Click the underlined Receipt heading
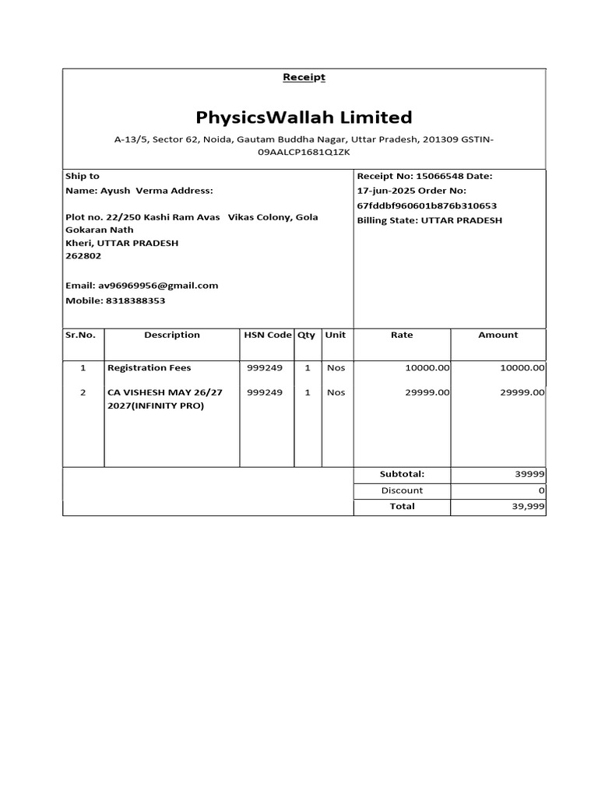point(304,77)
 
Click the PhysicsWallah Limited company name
point(304,118)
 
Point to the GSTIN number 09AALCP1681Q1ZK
point(304,153)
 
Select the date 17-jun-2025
point(385,191)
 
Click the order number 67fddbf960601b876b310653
point(427,205)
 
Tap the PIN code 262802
point(83,256)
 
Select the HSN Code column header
point(267,335)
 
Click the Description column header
point(172,335)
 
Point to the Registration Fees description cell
point(149,367)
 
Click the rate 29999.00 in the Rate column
point(427,392)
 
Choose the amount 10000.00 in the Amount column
point(522,367)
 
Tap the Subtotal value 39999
point(529,474)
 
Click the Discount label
point(402,490)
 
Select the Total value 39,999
point(527,507)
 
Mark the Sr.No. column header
point(80,335)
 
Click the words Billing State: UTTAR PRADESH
point(429,220)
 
